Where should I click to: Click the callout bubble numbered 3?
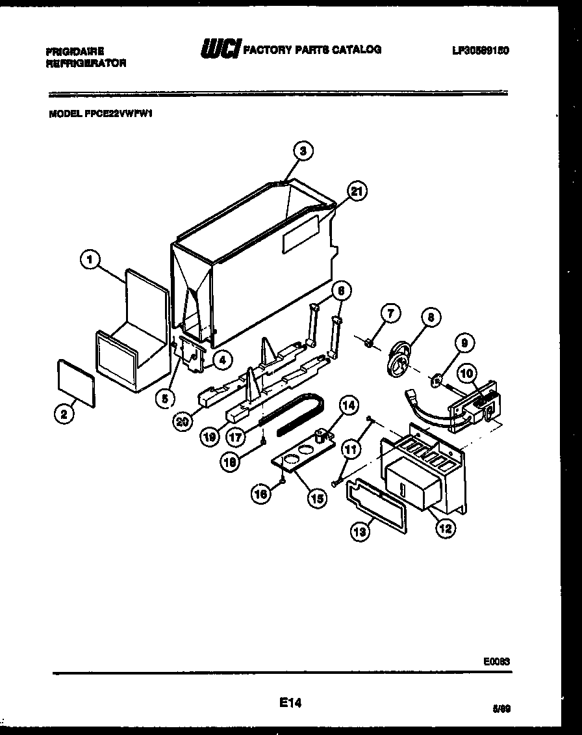(x=303, y=150)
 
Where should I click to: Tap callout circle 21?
(x=355, y=191)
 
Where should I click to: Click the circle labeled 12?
(x=445, y=528)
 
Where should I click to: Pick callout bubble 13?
(x=360, y=531)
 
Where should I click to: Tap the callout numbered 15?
(x=317, y=499)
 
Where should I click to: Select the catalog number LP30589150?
(x=480, y=50)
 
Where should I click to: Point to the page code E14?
(x=290, y=702)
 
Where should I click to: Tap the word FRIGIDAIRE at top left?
(x=75, y=50)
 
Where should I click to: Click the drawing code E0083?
(x=496, y=661)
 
